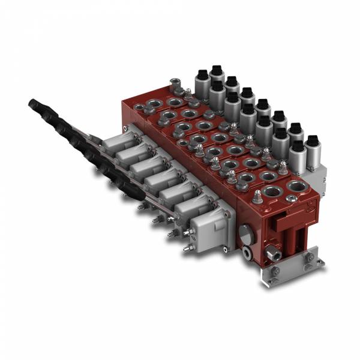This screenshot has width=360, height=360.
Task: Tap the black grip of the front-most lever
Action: click(x=127, y=190)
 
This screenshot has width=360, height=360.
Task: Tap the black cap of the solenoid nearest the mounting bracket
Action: click(x=311, y=142)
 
